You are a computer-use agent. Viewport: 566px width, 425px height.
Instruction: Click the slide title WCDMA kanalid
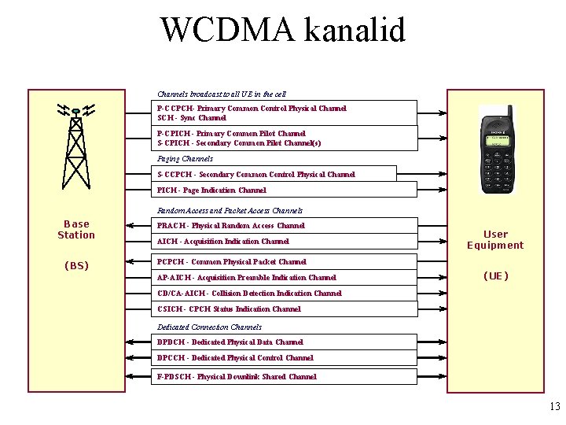(283, 30)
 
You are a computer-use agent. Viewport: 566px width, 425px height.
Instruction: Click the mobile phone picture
(500, 154)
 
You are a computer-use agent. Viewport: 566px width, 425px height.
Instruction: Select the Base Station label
(76, 229)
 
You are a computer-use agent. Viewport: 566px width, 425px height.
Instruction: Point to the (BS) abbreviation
(76, 266)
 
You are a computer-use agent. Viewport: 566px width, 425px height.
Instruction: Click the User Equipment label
(495, 239)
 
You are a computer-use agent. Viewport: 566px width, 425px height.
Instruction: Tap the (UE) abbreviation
(495, 276)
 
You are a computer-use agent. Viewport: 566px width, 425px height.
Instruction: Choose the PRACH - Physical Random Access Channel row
(231, 226)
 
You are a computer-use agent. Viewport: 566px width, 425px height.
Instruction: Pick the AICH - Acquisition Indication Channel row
(223, 242)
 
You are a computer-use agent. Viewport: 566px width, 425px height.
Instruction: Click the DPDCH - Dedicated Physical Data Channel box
(230, 342)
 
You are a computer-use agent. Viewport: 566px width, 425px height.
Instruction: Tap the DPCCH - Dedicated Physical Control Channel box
(235, 358)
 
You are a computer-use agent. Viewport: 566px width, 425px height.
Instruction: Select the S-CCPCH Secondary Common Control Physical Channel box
(256, 175)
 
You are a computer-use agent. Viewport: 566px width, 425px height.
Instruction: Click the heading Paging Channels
(185, 159)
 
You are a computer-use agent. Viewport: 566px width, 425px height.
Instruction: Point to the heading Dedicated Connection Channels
(209, 327)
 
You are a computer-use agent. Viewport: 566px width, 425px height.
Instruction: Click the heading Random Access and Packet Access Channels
(230, 211)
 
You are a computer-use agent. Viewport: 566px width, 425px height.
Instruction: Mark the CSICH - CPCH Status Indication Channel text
(229, 309)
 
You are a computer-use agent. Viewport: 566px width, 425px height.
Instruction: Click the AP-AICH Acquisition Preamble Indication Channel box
(247, 278)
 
